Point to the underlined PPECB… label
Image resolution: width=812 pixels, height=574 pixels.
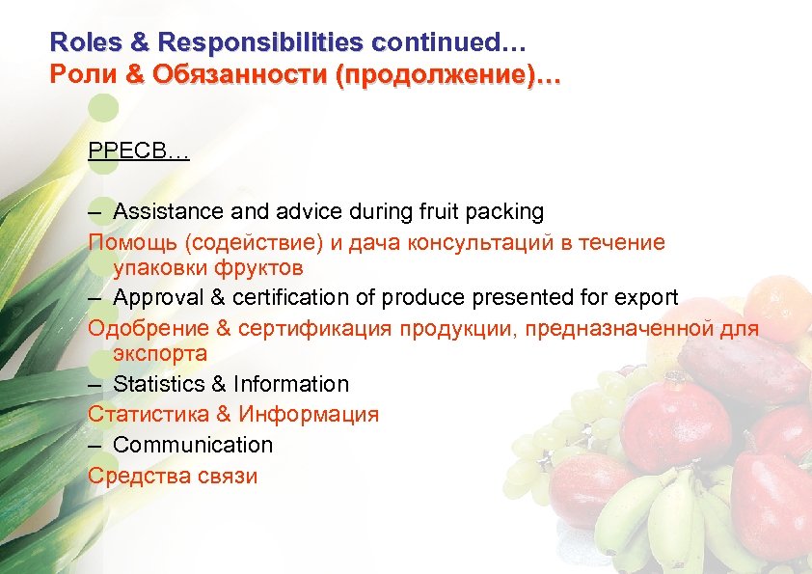pyautogui.click(x=139, y=151)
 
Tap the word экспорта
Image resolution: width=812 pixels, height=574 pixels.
pyautogui.click(x=159, y=353)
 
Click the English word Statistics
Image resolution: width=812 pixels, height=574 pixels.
pyautogui.click(x=157, y=384)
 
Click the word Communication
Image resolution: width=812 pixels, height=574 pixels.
pyautogui.click(x=193, y=445)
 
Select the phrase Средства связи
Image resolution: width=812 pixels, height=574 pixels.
pyautogui.click(x=173, y=476)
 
